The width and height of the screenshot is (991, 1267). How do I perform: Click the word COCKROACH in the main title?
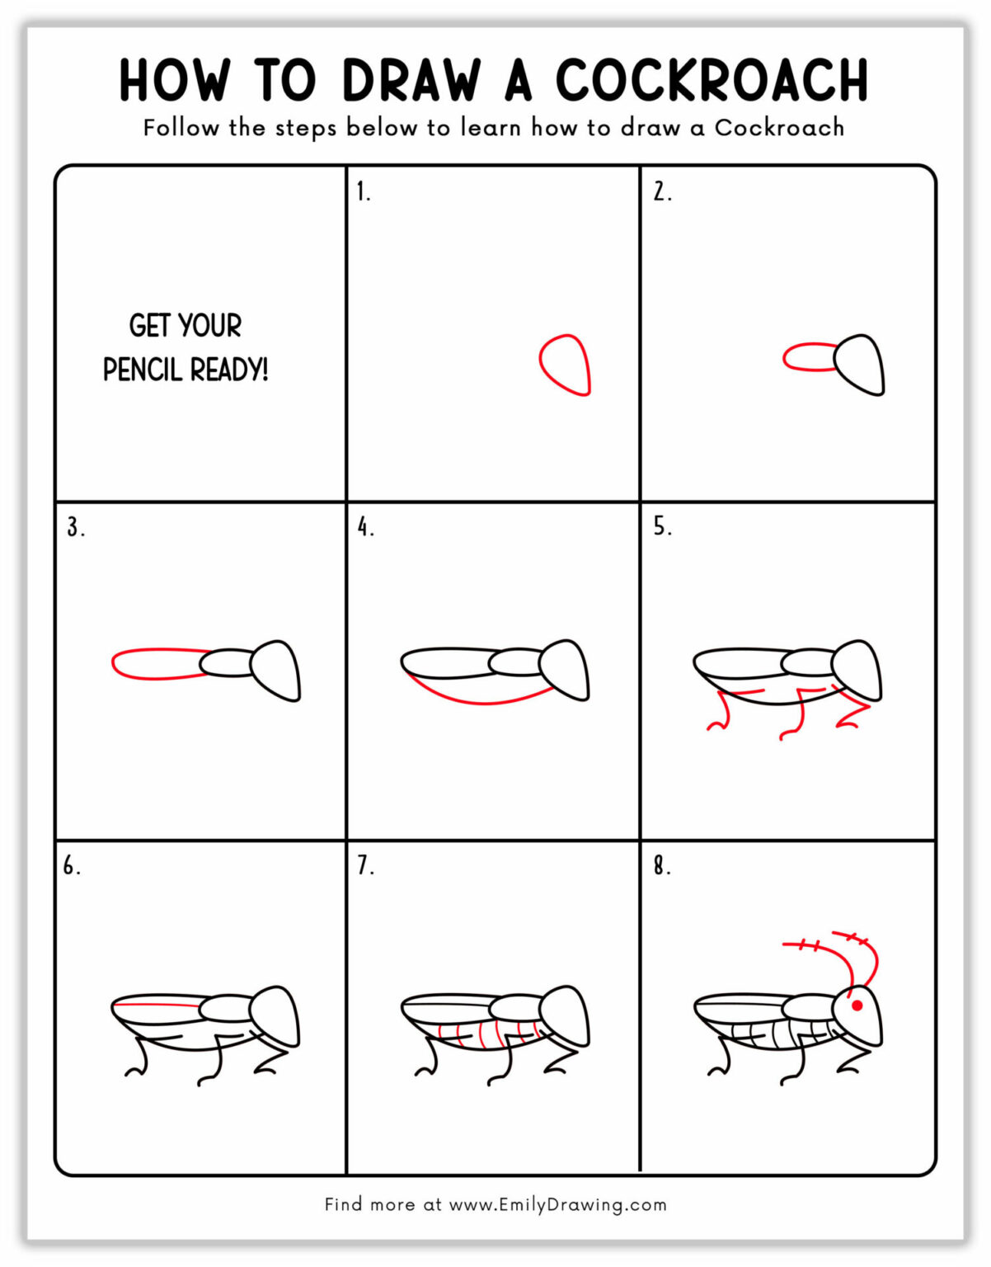712,81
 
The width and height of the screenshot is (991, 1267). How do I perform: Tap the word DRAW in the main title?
411,81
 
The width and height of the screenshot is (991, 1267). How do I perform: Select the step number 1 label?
363,192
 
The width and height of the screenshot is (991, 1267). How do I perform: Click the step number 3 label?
75,527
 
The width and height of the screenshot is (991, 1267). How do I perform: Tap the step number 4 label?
365,527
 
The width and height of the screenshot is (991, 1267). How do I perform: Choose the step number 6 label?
72,866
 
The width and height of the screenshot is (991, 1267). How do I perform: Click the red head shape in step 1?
566,365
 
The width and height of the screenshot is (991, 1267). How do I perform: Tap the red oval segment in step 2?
808,358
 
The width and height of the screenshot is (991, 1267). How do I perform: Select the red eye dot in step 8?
857,1006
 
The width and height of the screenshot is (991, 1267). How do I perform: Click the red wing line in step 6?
157,1006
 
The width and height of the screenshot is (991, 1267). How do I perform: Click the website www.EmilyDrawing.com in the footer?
557,1204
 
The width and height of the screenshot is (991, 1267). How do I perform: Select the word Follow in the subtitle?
181,128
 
